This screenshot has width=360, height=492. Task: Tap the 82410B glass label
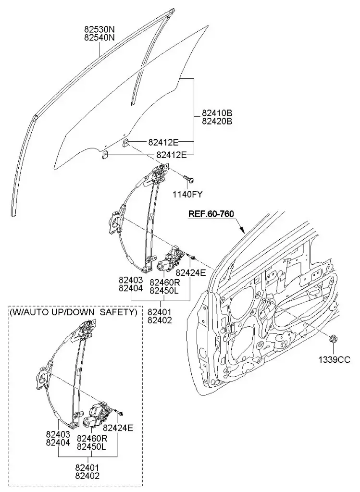click(217, 113)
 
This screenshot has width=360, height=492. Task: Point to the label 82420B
click(217, 122)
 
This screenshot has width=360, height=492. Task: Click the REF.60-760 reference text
click(211, 214)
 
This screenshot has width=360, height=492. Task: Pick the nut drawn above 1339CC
click(333, 340)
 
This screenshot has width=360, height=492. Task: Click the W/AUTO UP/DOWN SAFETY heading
click(73, 312)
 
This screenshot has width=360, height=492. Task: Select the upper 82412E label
click(163, 142)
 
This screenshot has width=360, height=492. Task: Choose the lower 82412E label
click(172, 155)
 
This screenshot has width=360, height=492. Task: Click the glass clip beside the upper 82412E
click(125, 142)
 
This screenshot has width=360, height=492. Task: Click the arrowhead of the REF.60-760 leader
click(246, 231)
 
